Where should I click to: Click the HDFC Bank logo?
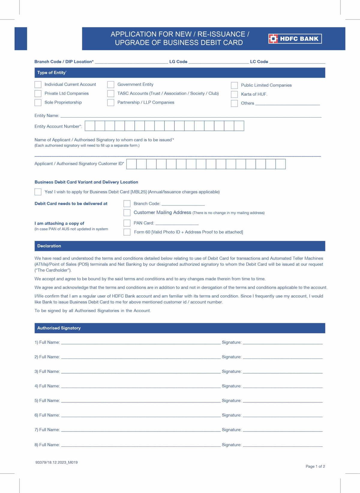295,39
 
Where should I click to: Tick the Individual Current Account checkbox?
38,85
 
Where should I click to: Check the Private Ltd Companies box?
38,94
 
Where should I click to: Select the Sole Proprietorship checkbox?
38,103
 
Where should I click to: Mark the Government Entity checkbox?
111,85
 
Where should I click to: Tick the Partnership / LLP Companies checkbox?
111,103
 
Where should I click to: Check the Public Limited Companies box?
234,86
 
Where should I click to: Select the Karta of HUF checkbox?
234,95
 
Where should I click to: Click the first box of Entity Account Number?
90,126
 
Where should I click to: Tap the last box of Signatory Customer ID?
280,164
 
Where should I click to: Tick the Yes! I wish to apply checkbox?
38,192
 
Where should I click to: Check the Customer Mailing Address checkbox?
127,213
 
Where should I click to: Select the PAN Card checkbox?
127,223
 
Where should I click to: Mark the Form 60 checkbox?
127,232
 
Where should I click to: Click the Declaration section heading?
49,246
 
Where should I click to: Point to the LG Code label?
178,62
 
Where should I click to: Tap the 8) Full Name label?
47,445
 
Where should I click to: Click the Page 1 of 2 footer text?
315,466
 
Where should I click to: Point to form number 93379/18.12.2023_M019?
56,462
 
